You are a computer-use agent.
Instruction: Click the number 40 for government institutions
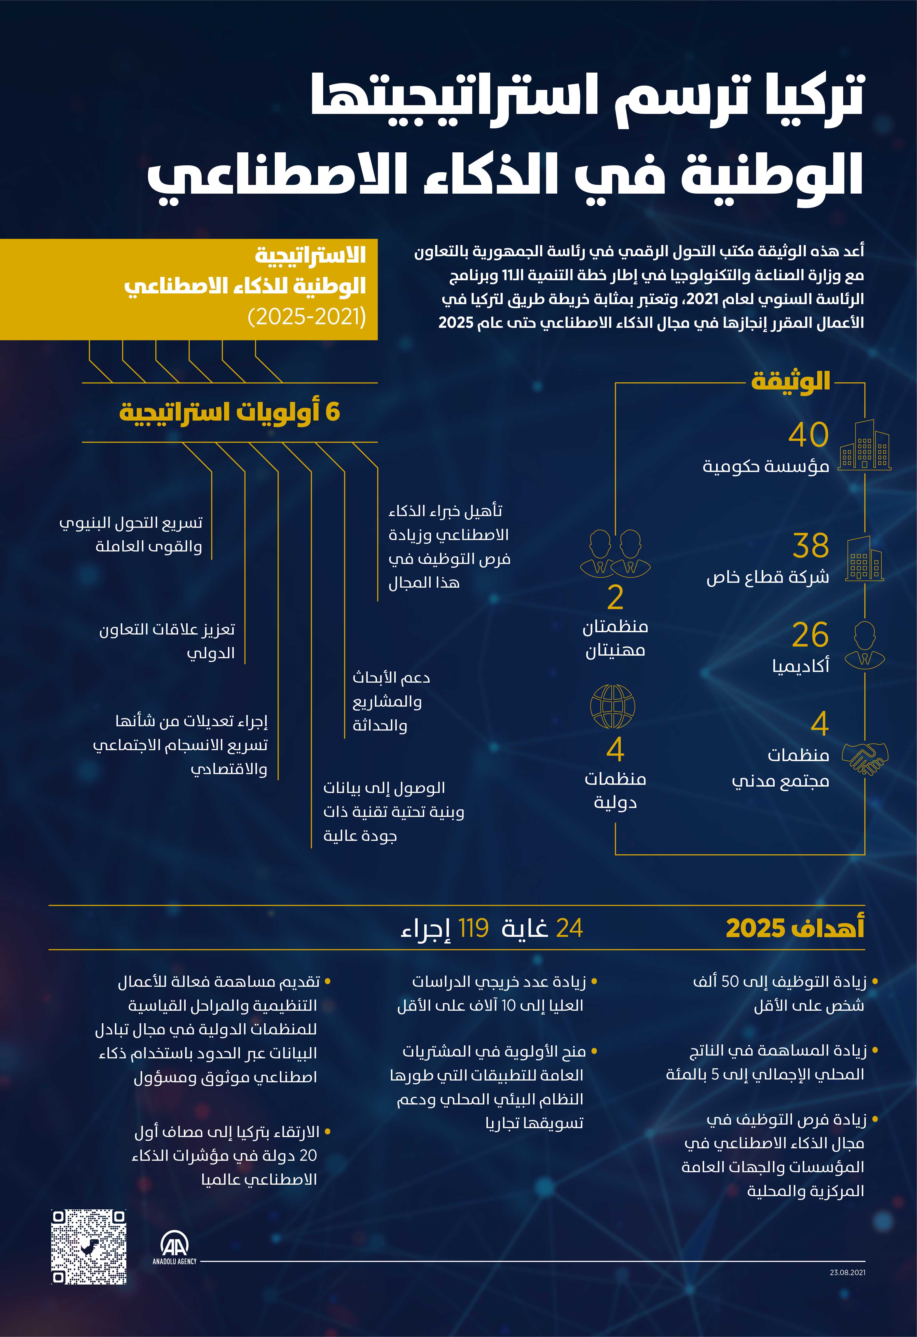[x=808, y=435]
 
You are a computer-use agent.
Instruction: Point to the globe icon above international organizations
[x=613, y=707]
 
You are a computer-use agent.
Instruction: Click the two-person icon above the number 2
[x=615, y=553]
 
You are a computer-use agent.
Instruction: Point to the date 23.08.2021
[x=847, y=1273]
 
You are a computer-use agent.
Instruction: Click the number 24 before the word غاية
[x=570, y=928]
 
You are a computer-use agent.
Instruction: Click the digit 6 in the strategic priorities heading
[x=333, y=412]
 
